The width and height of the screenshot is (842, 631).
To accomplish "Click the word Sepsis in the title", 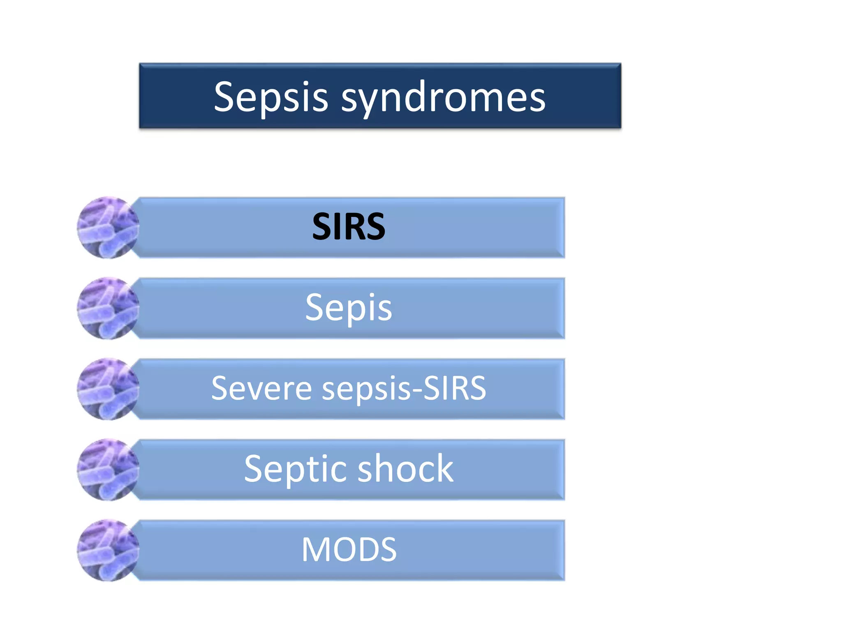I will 271,97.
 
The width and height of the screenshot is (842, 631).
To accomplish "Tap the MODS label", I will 349,549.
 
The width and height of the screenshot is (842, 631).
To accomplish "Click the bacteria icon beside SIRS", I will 108,228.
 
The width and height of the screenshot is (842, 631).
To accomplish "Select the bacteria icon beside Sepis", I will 108,308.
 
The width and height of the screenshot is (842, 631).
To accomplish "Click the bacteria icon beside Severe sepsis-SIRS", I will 108,389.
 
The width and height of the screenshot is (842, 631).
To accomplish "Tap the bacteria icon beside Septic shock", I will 108,470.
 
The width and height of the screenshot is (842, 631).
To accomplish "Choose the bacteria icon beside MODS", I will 108,550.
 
